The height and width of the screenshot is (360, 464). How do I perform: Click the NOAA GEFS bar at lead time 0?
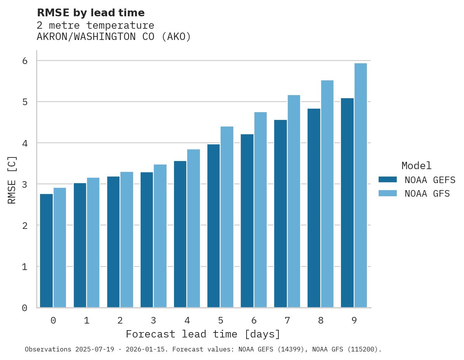point(47,251)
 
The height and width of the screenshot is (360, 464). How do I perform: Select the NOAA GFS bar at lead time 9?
point(361,185)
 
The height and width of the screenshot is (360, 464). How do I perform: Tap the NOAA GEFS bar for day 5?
point(214,226)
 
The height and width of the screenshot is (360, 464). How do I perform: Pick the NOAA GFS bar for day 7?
point(294,201)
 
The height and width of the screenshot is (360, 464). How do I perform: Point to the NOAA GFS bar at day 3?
point(160,236)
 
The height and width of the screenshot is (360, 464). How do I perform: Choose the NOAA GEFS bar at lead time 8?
point(314,208)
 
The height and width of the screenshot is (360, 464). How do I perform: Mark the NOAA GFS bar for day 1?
point(93,242)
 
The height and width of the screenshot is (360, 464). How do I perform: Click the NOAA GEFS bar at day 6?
point(247,221)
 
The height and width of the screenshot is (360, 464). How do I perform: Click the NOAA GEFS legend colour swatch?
point(388,180)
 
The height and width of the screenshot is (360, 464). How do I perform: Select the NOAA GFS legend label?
point(427,194)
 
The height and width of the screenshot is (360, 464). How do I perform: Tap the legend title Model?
point(416,166)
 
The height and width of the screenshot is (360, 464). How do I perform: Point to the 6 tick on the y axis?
point(25,61)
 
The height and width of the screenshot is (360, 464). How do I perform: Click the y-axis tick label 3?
point(25,184)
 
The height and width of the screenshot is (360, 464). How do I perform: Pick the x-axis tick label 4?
point(187,321)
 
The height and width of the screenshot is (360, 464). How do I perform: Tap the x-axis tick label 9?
point(354,321)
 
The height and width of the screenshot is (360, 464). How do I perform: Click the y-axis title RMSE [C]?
point(12,180)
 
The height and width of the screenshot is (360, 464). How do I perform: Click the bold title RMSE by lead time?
point(90,13)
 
